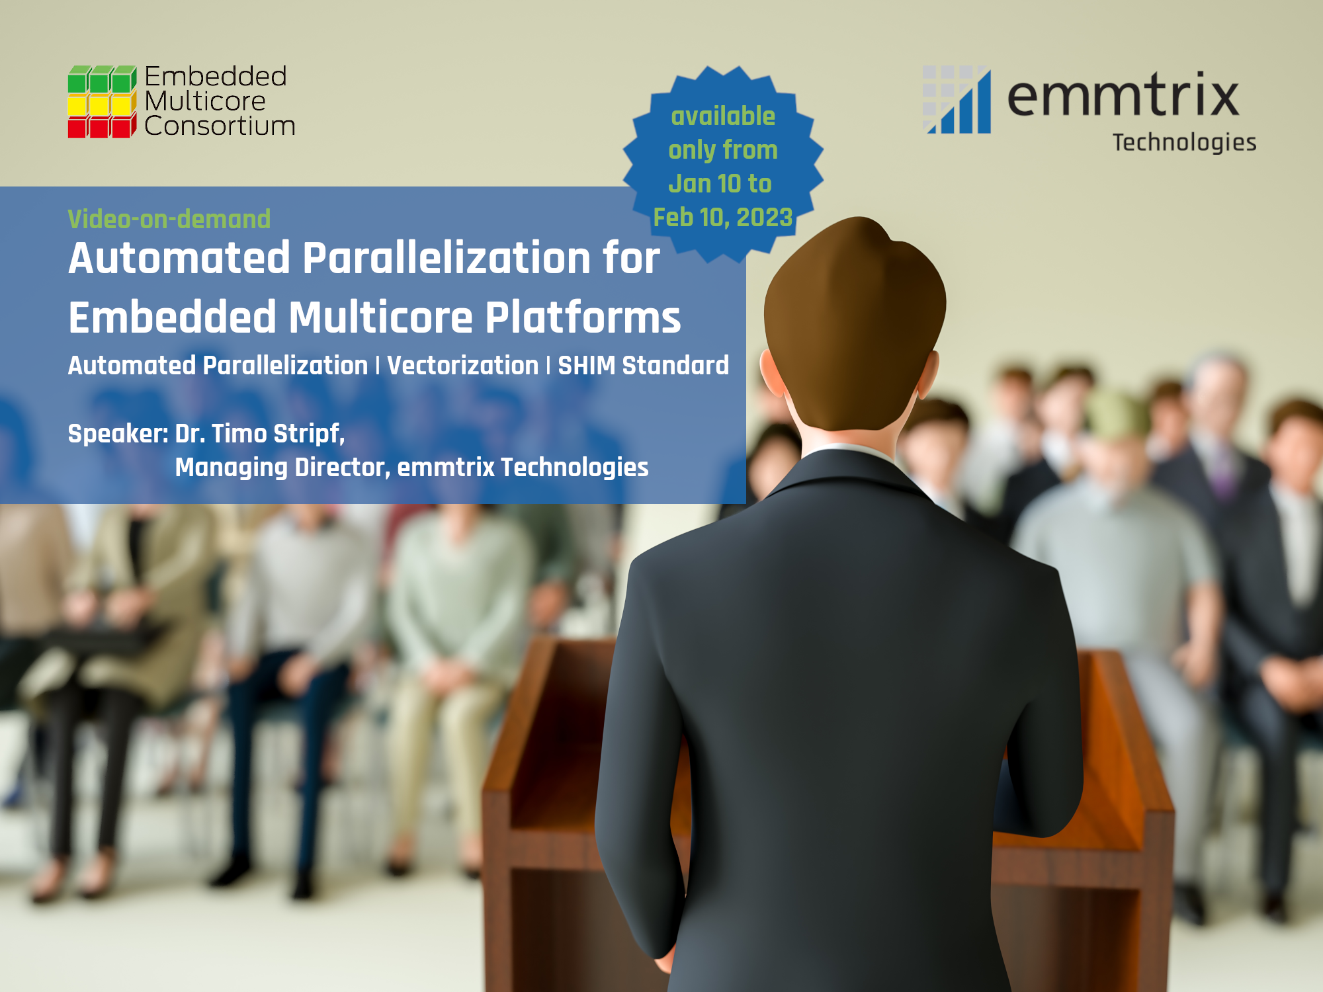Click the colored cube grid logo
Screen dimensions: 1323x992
(x=102, y=102)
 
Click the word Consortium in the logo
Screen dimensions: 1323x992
(x=220, y=126)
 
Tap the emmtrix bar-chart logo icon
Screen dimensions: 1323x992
(x=957, y=100)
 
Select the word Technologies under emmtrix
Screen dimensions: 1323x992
(x=1184, y=143)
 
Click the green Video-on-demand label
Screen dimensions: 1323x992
(x=169, y=219)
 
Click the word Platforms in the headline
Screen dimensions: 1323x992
(x=583, y=317)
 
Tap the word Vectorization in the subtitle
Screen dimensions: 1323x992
(x=463, y=366)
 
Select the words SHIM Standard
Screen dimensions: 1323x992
(x=643, y=366)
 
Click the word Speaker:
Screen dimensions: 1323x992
(x=118, y=434)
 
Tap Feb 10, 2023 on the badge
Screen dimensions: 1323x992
(x=723, y=218)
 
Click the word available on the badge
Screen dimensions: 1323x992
(x=723, y=116)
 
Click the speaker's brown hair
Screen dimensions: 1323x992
(x=855, y=317)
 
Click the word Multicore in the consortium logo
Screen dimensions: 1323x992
(x=205, y=101)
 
